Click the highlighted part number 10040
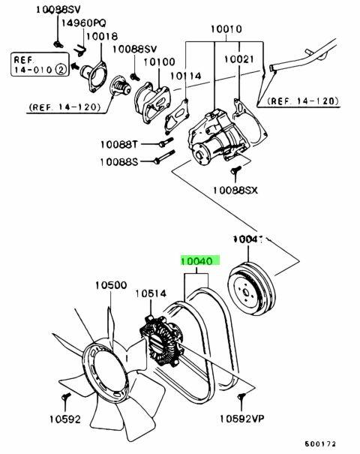(x=198, y=263)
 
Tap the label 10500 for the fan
(x=109, y=286)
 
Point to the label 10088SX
(x=235, y=191)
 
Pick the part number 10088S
(x=120, y=161)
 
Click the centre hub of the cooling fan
(x=100, y=367)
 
